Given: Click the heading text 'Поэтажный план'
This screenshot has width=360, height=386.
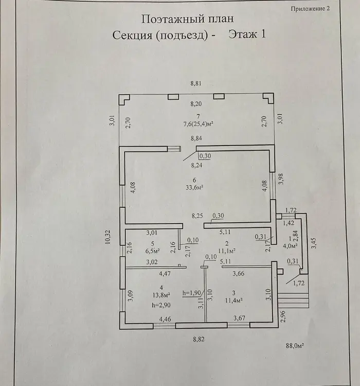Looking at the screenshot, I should pos(187,20).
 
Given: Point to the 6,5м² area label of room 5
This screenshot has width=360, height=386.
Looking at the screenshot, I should pos(153,251).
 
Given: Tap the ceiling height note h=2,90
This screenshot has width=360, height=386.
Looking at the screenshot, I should pos(161,305).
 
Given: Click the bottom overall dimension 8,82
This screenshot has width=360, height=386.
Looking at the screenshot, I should pos(199,339).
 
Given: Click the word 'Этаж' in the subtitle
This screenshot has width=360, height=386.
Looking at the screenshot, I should pos(241,35).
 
